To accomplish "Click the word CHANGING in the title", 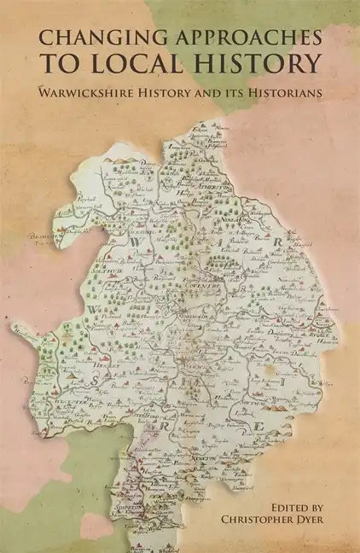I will tap(91, 38).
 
